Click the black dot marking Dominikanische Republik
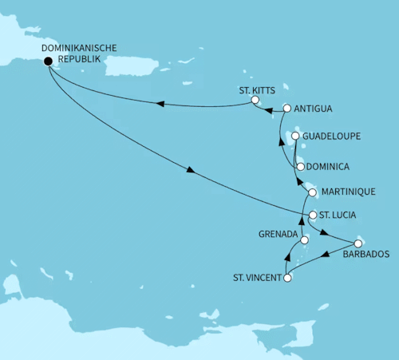click(48, 61)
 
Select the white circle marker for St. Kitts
click(255, 101)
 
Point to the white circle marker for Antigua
click(286, 109)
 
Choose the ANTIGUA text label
click(313, 109)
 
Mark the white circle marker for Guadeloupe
click(295, 136)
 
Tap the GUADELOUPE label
click(331, 136)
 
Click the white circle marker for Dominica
click(299, 167)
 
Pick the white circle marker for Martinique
click(312, 192)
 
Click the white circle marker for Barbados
click(358, 243)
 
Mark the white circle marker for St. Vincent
click(287, 278)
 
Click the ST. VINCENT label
click(256, 278)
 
